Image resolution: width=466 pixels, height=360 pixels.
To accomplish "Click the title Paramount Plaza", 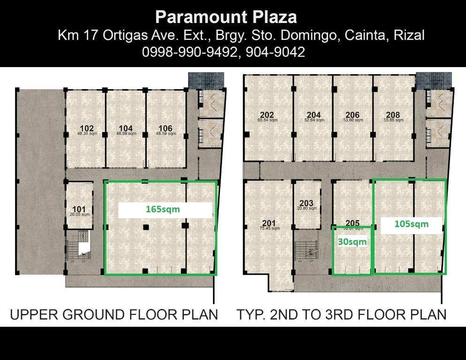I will (x=226, y=17).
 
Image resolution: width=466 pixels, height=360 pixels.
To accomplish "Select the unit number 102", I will (x=87, y=128).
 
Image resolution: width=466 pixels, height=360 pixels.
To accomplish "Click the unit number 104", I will (x=126, y=128).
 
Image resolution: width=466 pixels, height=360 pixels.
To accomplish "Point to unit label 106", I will (x=165, y=128).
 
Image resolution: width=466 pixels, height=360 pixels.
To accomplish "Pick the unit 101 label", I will (x=79, y=209).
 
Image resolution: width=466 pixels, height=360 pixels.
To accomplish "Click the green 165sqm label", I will (x=162, y=209).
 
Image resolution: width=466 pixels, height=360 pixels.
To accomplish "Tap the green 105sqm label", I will (x=411, y=224).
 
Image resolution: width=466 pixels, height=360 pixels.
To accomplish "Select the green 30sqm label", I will (x=352, y=242).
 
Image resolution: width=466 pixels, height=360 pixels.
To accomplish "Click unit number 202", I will (x=267, y=115).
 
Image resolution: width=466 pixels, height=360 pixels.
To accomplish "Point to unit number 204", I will (x=313, y=115).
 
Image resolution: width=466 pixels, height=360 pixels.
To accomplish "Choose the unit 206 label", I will (x=352, y=115).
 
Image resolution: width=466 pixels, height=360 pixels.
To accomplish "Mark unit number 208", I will (x=393, y=115).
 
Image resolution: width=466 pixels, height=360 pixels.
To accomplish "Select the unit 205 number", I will (x=352, y=223).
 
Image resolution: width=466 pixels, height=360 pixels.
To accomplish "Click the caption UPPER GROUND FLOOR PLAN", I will (x=114, y=314).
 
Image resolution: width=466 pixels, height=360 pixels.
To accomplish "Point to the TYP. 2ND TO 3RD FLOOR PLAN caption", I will (x=341, y=314).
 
